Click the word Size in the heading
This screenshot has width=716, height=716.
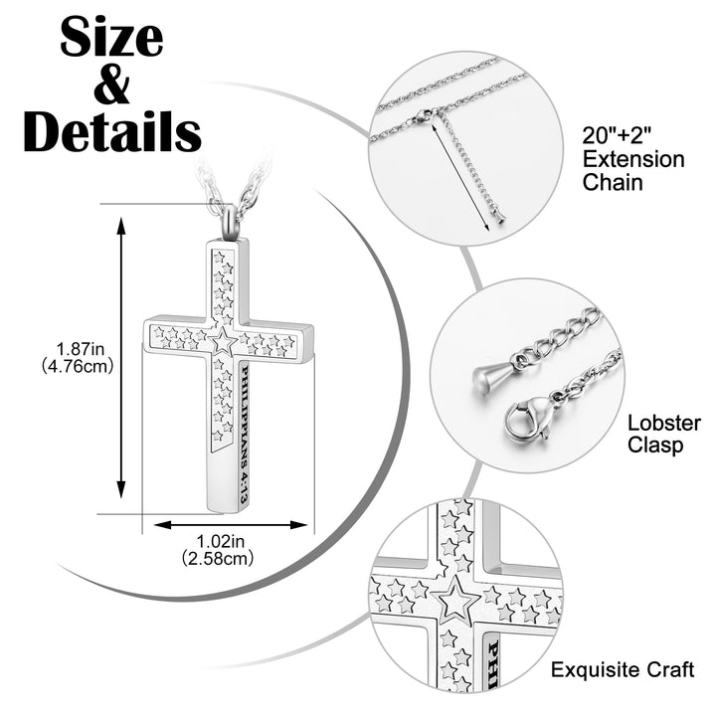[111, 38]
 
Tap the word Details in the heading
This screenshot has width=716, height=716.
[111, 132]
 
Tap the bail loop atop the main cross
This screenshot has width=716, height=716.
[229, 216]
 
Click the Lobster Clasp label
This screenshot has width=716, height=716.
[663, 434]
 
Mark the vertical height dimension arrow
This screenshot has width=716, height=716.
[122, 357]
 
